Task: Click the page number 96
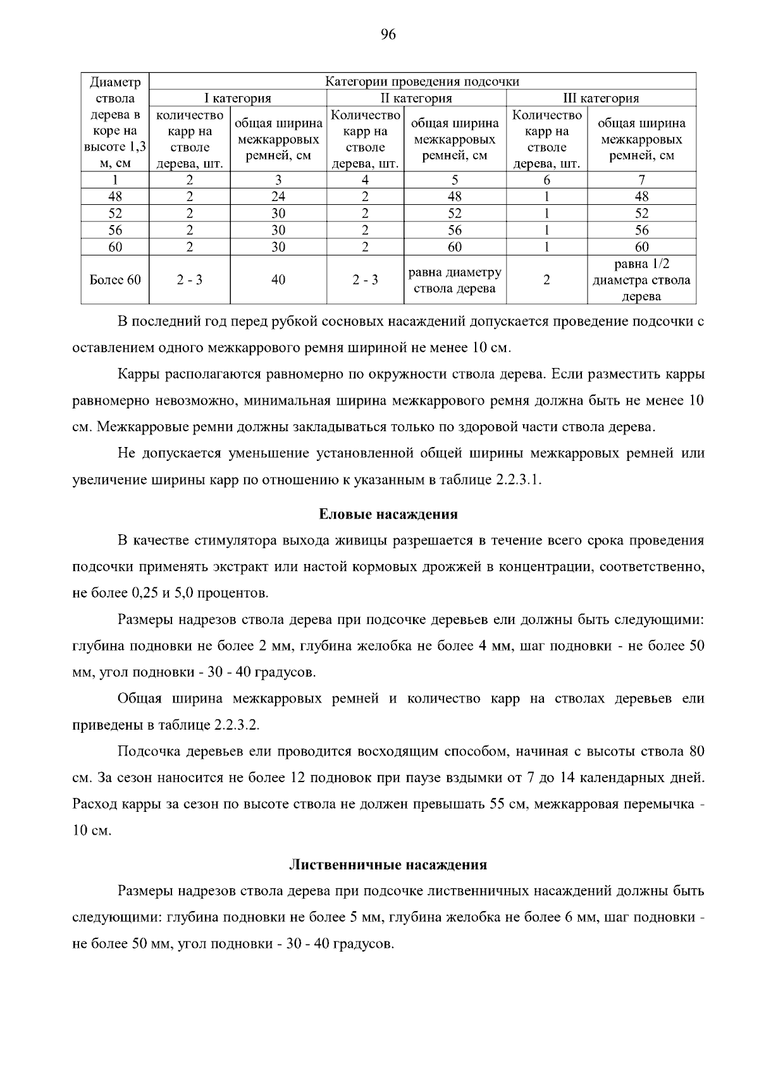click(388, 35)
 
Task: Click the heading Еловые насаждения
click(388, 514)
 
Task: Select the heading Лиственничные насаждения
click(388, 864)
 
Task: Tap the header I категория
click(237, 98)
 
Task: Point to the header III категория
click(601, 98)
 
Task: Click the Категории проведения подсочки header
click(422, 82)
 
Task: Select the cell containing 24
click(278, 197)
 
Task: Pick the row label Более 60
click(115, 279)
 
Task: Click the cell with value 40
click(278, 279)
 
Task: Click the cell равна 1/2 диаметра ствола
click(641, 279)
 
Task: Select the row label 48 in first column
click(115, 197)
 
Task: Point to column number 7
click(641, 180)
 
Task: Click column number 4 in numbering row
click(365, 180)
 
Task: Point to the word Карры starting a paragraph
click(139, 374)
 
